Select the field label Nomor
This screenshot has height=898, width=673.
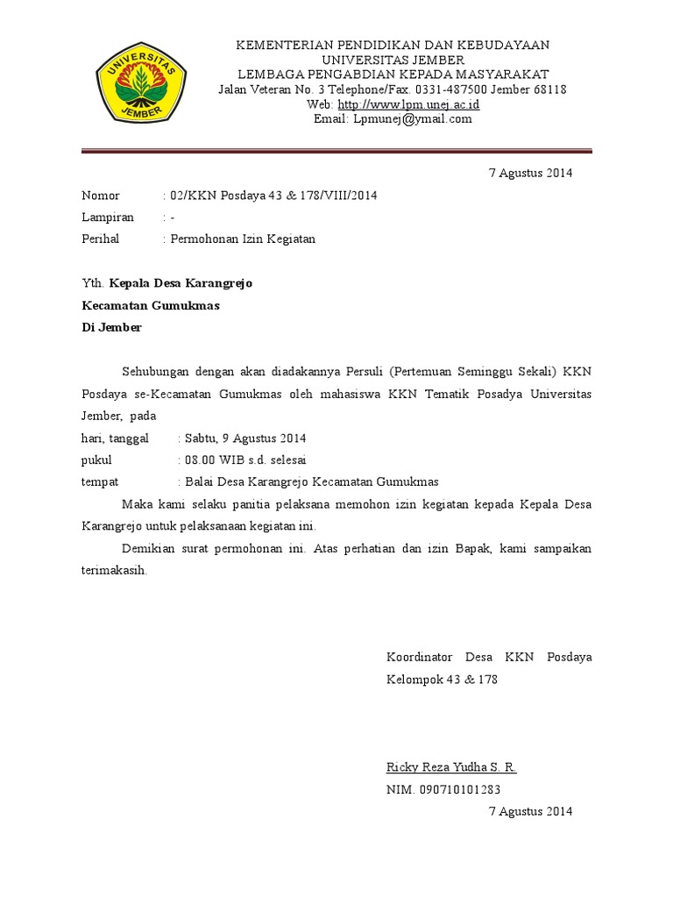[100, 196]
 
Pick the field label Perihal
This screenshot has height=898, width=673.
[100, 239]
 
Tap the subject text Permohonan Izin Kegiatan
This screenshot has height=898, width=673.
[243, 239]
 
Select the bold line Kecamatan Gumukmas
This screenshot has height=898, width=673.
[150, 306]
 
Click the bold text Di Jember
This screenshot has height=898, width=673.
[110, 328]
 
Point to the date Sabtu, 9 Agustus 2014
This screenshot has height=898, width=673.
[244, 438]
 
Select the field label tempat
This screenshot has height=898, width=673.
[100, 482]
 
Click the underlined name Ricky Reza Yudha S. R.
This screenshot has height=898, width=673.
[451, 767]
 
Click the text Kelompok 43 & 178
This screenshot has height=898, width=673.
[442, 680]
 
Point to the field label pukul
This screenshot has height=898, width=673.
[96, 460]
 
